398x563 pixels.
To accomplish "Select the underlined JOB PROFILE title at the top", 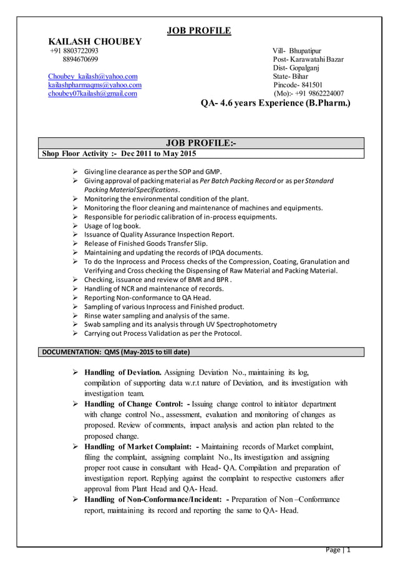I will (199, 31).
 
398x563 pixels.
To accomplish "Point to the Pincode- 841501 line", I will (298, 85).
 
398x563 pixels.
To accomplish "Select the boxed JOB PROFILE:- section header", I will (199, 144).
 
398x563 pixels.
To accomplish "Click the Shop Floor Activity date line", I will (119, 154).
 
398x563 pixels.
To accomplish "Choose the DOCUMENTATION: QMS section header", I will (115, 352).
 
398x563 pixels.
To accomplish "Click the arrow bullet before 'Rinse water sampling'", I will (75, 316).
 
